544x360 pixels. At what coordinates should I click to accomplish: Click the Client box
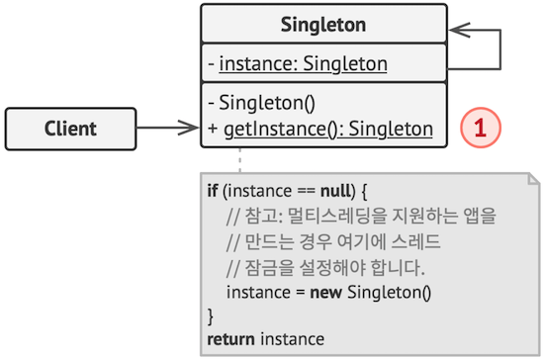click(70, 128)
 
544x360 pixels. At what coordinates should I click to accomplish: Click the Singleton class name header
click(323, 24)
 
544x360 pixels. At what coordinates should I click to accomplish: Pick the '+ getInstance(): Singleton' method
click(320, 128)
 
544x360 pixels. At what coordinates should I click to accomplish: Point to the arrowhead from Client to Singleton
click(190, 128)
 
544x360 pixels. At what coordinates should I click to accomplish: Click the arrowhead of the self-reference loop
click(458, 31)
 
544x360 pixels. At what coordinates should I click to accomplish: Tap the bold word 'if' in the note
click(213, 189)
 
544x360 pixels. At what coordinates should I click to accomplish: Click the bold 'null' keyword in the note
click(317, 189)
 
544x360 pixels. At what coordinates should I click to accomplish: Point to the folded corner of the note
click(532, 179)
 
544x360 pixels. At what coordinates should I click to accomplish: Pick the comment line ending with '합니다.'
click(323, 266)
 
